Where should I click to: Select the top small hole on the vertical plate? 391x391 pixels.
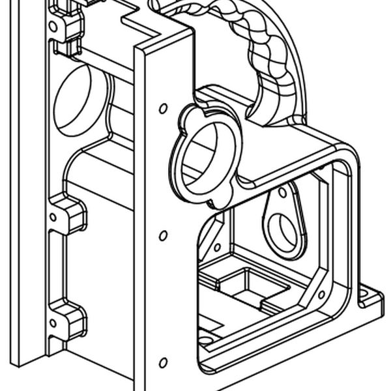163,108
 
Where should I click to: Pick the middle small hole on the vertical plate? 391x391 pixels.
163,235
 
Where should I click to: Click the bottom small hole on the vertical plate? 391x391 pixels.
163,362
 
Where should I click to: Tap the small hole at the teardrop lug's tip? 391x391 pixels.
282,193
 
